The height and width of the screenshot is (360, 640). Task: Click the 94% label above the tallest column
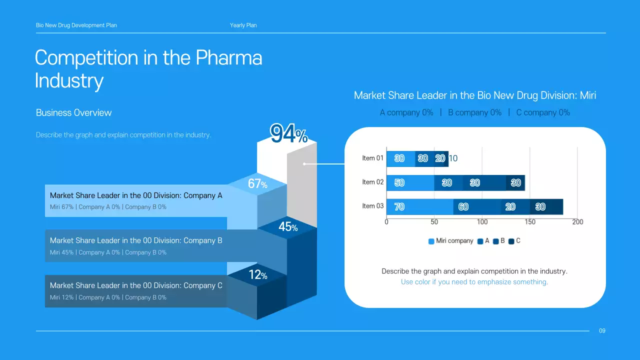[288, 134]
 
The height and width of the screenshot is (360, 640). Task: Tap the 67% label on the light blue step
[257, 184]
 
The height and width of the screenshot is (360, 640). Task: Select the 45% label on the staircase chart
[287, 227]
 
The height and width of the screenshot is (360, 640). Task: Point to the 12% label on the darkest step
[258, 275]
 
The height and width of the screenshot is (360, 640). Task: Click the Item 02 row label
[372, 182]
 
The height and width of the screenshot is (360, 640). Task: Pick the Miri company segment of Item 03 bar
[419, 206]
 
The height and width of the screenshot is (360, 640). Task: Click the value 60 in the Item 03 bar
[463, 206]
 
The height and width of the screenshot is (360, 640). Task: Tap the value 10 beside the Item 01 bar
[453, 158]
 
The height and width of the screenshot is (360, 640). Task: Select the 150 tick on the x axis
[530, 222]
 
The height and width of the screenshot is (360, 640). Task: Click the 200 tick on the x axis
[577, 222]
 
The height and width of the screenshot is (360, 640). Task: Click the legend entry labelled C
[514, 241]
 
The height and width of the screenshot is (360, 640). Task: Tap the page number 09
[602, 330]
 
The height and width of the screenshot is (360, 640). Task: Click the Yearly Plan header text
[243, 25]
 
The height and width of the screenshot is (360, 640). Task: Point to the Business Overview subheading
[74, 112]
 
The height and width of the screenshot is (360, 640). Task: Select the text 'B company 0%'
[474, 112]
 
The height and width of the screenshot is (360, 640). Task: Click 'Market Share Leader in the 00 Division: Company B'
[136, 240]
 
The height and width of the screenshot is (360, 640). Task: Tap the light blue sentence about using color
[474, 282]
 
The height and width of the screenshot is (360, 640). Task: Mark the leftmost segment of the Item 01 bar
[400, 158]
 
